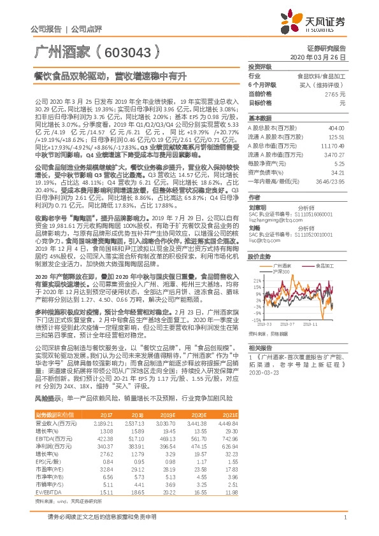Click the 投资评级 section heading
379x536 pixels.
(260, 66)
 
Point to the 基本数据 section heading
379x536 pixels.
(260, 118)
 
